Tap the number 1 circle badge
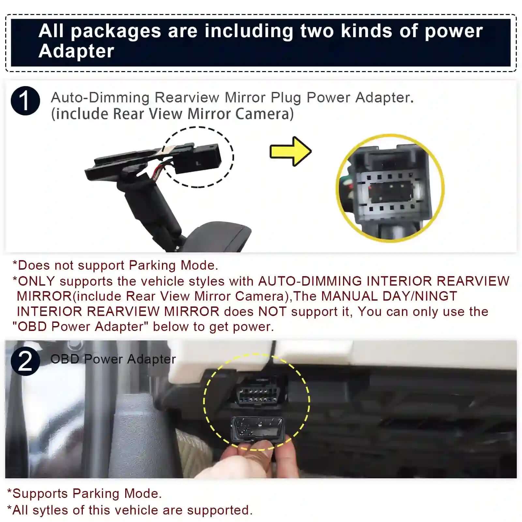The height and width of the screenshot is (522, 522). click(25, 101)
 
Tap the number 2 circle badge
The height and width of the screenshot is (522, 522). click(25, 361)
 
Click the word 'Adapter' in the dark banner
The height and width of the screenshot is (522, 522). click(76, 51)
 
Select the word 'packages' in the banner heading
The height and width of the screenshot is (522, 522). click(116, 31)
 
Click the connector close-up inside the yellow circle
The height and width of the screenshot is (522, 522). click(390, 188)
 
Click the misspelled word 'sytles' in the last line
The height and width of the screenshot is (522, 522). click(50, 510)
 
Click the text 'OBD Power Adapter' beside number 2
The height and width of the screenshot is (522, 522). click(113, 359)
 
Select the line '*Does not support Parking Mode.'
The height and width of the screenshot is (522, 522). click(115, 265)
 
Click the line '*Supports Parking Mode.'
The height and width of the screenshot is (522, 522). click(84, 494)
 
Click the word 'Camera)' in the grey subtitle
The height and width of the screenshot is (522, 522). click(264, 114)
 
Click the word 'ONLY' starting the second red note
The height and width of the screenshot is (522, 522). click(36, 281)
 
